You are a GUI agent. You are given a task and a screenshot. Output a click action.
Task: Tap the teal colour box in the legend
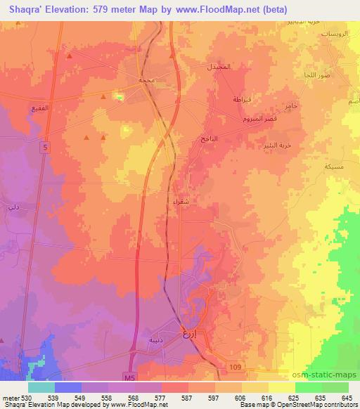(x=41, y=387)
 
